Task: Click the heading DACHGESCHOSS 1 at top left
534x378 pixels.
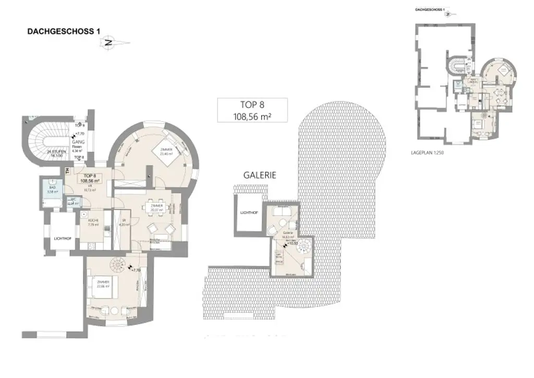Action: point(63,32)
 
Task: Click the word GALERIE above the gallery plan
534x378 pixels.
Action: point(259,175)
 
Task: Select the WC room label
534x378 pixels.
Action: point(74,201)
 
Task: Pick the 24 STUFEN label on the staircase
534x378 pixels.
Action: point(55,153)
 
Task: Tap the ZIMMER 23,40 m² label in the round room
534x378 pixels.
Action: point(166,151)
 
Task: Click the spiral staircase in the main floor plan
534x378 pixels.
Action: point(124,267)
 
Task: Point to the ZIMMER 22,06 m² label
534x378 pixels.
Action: point(102,284)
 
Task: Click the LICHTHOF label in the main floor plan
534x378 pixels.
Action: point(63,239)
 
